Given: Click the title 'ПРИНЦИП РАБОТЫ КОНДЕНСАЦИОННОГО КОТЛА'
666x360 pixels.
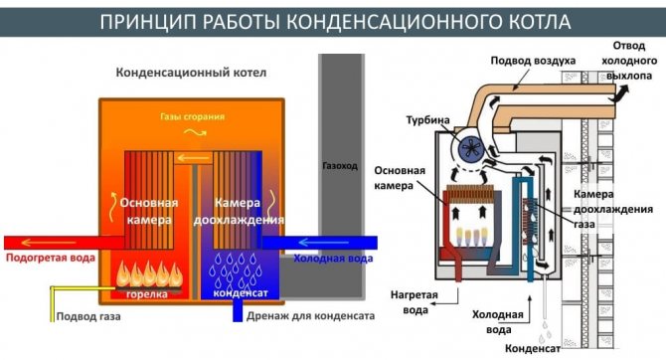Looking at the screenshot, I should [332, 20].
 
